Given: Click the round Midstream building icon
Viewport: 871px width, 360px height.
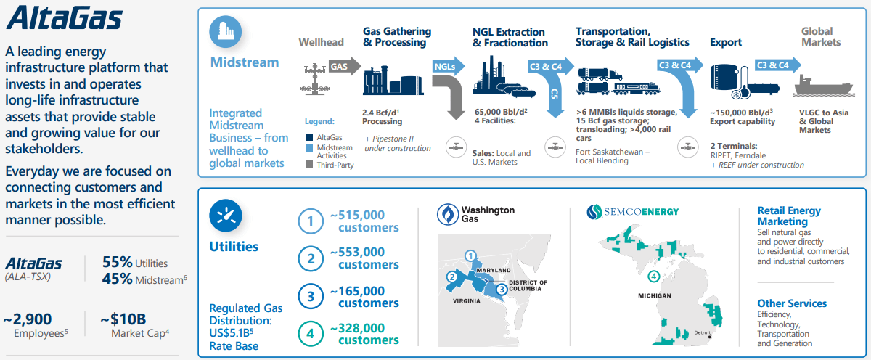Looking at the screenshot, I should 226,32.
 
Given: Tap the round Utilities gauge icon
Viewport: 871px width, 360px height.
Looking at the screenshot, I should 225,215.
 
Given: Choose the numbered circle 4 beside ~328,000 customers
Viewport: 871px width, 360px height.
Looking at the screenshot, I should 311,333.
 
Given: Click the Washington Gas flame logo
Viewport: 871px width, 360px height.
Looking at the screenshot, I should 447,213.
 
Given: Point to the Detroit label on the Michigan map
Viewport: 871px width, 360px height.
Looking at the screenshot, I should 702,332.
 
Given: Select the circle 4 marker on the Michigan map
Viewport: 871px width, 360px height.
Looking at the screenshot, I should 653,276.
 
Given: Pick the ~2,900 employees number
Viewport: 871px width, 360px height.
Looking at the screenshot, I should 30,319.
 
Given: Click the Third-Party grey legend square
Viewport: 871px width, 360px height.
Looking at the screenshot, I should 310,165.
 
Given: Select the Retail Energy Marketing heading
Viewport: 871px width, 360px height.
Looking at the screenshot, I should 789,216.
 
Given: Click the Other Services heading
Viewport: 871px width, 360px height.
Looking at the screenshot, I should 792,303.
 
